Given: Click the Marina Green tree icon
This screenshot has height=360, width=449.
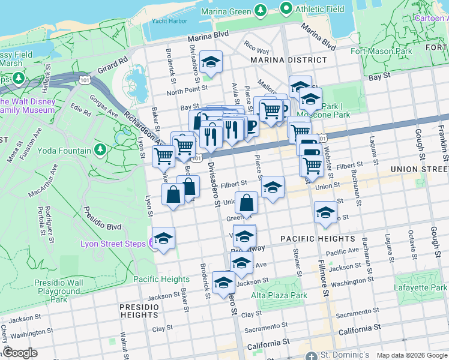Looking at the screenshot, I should (260, 10).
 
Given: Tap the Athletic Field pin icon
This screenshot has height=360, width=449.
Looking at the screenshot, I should (286, 9).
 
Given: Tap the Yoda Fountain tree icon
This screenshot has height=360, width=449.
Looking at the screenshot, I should (100, 149).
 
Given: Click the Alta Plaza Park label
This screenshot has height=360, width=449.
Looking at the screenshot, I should (279, 295).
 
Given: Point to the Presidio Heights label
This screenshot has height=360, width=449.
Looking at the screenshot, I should (139, 310).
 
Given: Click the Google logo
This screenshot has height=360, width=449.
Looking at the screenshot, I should (20, 353).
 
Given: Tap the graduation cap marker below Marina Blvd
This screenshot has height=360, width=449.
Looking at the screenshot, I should (211, 62).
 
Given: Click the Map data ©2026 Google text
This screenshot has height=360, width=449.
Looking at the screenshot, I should (411, 355).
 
